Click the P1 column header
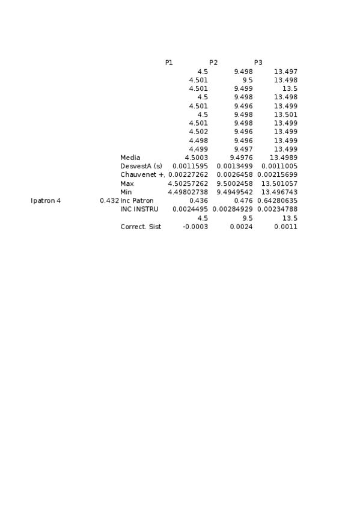(169, 63)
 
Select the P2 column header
(213, 63)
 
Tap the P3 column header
(258, 63)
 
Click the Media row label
(130, 158)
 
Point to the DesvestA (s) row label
(141, 166)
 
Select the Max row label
(127, 183)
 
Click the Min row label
(126, 192)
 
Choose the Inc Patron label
(137, 200)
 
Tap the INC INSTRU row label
(139, 209)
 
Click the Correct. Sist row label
(141, 227)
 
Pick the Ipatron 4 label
(46, 200)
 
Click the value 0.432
(109, 200)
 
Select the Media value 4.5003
(196, 158)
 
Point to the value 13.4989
(284, 158)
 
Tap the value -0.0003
(195, 227)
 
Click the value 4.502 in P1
(198, 132)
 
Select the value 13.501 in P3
(285, 114)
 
